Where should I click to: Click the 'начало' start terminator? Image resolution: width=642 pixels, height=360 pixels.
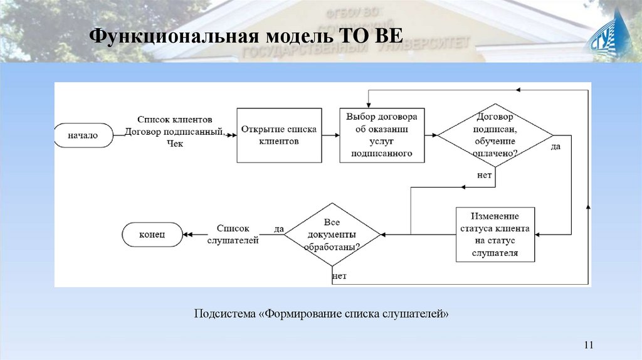click(83, 135)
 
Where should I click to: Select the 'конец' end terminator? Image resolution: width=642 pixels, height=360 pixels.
click(152, 234)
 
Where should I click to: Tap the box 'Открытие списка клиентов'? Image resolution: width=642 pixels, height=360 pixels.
click(279, 135)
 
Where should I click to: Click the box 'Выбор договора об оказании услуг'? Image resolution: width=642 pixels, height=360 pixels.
click(381, 135)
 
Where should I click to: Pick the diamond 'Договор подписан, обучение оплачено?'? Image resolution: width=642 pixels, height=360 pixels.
click(495, 135)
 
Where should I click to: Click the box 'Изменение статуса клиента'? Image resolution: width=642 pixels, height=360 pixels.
click(495, 234)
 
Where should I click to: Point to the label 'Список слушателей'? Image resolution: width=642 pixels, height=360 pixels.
click(233, 235)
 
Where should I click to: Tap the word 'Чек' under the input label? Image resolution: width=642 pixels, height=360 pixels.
click(175, 144)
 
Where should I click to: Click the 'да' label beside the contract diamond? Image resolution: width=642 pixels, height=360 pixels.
click(555, 147)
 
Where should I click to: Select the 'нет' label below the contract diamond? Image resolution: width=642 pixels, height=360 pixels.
click(484, 175)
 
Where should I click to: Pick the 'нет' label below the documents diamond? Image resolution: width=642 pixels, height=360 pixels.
click(339, 276)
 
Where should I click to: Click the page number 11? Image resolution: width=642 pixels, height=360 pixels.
click(588, 344)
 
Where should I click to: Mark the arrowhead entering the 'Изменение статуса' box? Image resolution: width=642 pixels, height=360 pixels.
click(539, 234)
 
